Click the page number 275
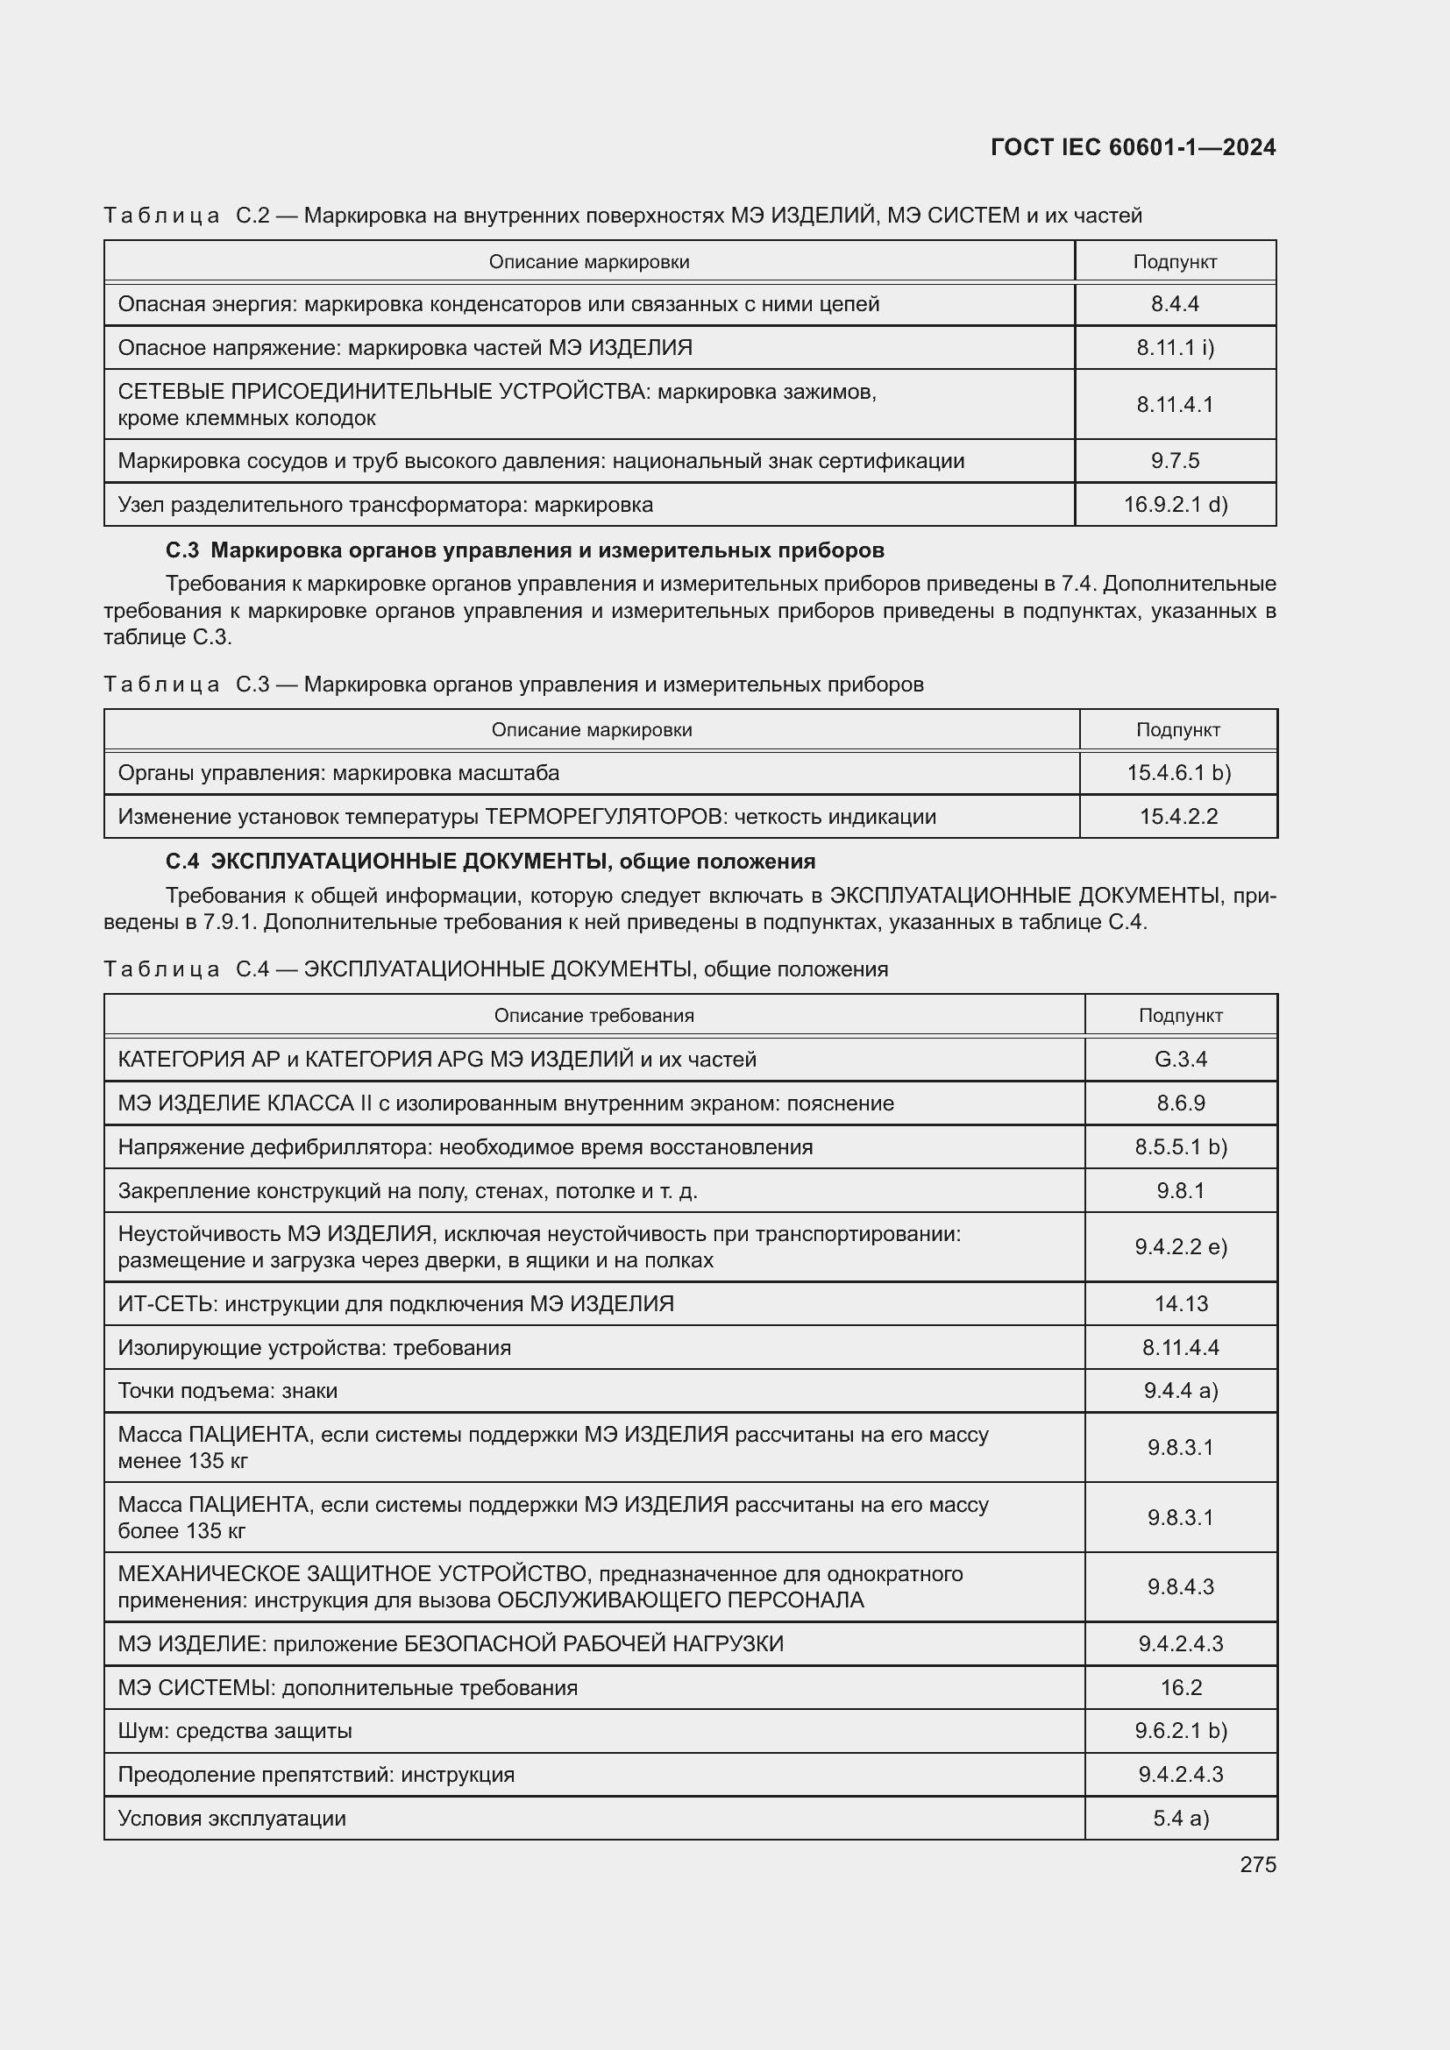pyautogui.click(x=1257, y=1864)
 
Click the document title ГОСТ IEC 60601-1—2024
pyautogui.click(x=1133, y=147)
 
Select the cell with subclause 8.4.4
pyautogui.click(x=1174, y=303)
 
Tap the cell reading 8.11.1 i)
pyautogui.click(x=1174, y=347)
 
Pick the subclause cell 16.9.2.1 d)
pyautogui.click(x=1174, y=505)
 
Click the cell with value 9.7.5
pyautogui.click(x=1174, y=461)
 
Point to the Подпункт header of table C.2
pyautogui.click(x=1174, y=261)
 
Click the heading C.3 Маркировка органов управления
pyautogui.click(x=525, y=550)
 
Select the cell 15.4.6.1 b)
pyautogui.click(x=1177, y=772)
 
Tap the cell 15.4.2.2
pyautogui.click(x=1177, y=816)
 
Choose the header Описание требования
pyautogui.click(x=594, y=1015)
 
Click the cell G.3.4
pyautogui.click(x=1180, y=1059)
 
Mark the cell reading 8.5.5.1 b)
pyautogui.click(x=1180, y=1146)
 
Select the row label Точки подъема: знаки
pyautogui.click(x=228, y=1390)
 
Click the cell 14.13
pyautogui.click(x=1180, y=1303)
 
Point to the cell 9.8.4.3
pyautogui.click(x=1180, y=1586)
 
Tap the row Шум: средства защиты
pyautogui.click(x=235, y=1730)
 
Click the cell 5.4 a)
pyautogui.click(x=1180, y=1818)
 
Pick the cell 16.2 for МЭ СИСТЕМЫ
pyautogui.click(x=1180, y=1687)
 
